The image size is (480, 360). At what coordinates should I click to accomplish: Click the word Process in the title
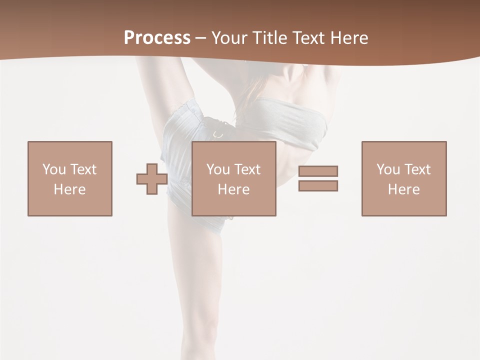[157, 38]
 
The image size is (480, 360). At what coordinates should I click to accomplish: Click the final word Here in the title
[349, 38]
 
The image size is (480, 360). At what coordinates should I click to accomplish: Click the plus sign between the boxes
[152, 178]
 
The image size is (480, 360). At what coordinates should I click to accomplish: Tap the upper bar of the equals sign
[318, 171]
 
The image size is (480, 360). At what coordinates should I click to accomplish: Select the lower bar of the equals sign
[318, 185]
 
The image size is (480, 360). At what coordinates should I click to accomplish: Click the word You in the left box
[54, 169]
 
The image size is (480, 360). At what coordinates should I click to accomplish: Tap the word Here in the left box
[70, 189]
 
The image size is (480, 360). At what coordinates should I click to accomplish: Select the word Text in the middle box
[247, 169]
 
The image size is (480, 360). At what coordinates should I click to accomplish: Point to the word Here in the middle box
[234, 189]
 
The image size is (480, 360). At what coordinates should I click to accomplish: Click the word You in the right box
[388, 169]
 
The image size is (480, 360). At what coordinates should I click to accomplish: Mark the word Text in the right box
[417, 169]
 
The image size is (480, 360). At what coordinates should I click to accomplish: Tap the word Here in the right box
[404, 189]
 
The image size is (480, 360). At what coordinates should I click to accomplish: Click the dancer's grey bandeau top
[295, 120]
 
